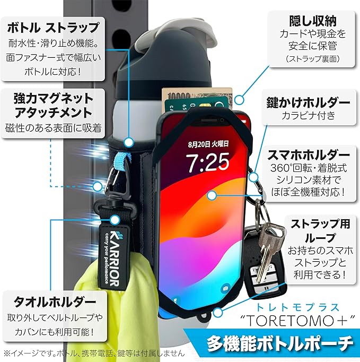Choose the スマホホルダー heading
pos(311,155)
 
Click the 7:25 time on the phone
pos(208,161)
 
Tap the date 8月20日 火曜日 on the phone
pos(208,143)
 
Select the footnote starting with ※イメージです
pos(93,352)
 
